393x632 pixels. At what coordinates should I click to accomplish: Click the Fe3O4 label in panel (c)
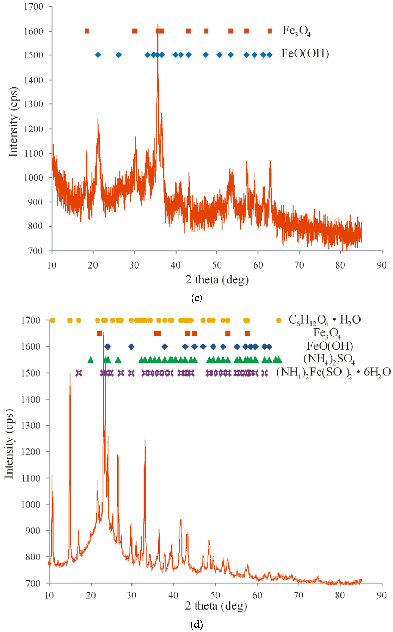point(296,31)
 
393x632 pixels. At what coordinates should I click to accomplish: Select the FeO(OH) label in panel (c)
point(305,54)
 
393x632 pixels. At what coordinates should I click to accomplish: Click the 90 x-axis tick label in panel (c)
point(382,265)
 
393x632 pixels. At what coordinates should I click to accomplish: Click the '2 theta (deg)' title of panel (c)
point(217,280)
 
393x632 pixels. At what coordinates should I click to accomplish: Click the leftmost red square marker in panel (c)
point(87,31)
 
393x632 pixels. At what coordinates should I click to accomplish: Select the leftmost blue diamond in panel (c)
point(98,55)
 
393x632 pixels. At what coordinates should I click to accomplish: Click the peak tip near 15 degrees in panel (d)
point(70,374)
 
